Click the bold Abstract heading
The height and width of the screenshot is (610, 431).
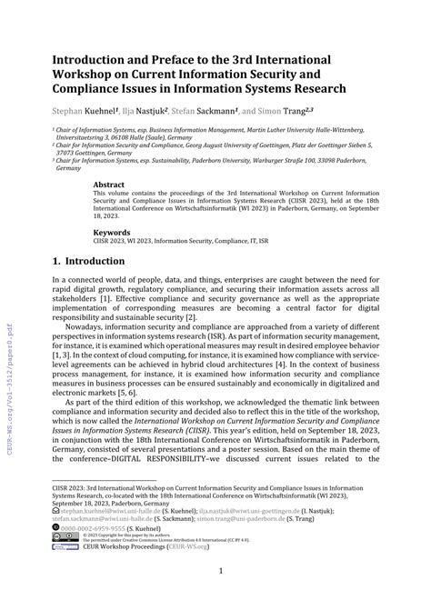[x=113, y=184]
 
